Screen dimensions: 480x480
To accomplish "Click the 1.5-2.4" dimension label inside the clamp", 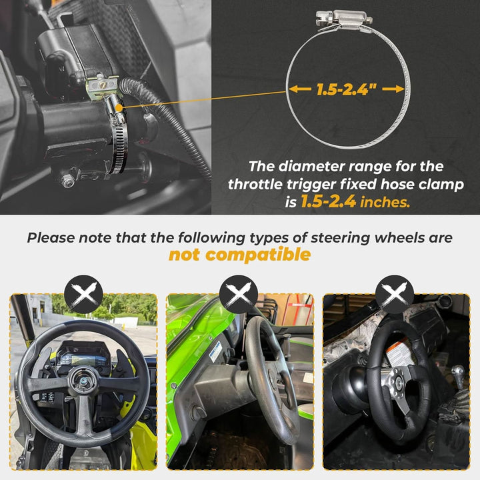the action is (347, 89).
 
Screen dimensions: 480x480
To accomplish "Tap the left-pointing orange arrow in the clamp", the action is (300, 89).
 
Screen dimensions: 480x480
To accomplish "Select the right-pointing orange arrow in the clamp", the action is (393, 89).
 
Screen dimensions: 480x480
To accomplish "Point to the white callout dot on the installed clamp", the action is (119, 108).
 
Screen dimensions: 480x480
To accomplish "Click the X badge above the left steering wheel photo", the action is (83, 294).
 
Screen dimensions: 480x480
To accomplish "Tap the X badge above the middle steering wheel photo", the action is (239, 294).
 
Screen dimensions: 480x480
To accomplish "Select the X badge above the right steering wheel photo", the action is (395, 294).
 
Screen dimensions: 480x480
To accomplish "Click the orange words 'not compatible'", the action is (240, 255).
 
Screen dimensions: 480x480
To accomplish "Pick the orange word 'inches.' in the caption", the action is (385, 203).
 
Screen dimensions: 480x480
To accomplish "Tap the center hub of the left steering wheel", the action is (83, 381).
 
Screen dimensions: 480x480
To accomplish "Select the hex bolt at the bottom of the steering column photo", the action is (67, 180).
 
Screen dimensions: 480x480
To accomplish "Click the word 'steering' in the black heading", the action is (340, 238).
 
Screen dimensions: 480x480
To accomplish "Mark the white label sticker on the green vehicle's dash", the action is (216, 351).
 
